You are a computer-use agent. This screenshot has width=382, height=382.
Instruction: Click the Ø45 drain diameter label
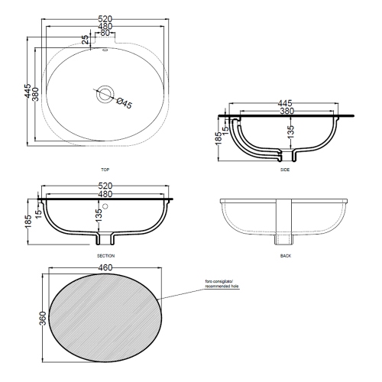click(x=123, y=105)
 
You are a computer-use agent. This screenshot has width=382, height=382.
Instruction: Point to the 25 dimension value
click(x=85, y=39)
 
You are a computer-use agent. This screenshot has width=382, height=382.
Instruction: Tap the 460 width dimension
click(x=107, y=267)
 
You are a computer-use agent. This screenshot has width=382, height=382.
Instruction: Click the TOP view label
click(x=105, y=169)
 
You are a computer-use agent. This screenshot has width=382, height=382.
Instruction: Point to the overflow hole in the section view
click(x=106, y=206)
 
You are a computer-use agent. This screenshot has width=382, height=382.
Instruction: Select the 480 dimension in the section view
click(x=106, y=194)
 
